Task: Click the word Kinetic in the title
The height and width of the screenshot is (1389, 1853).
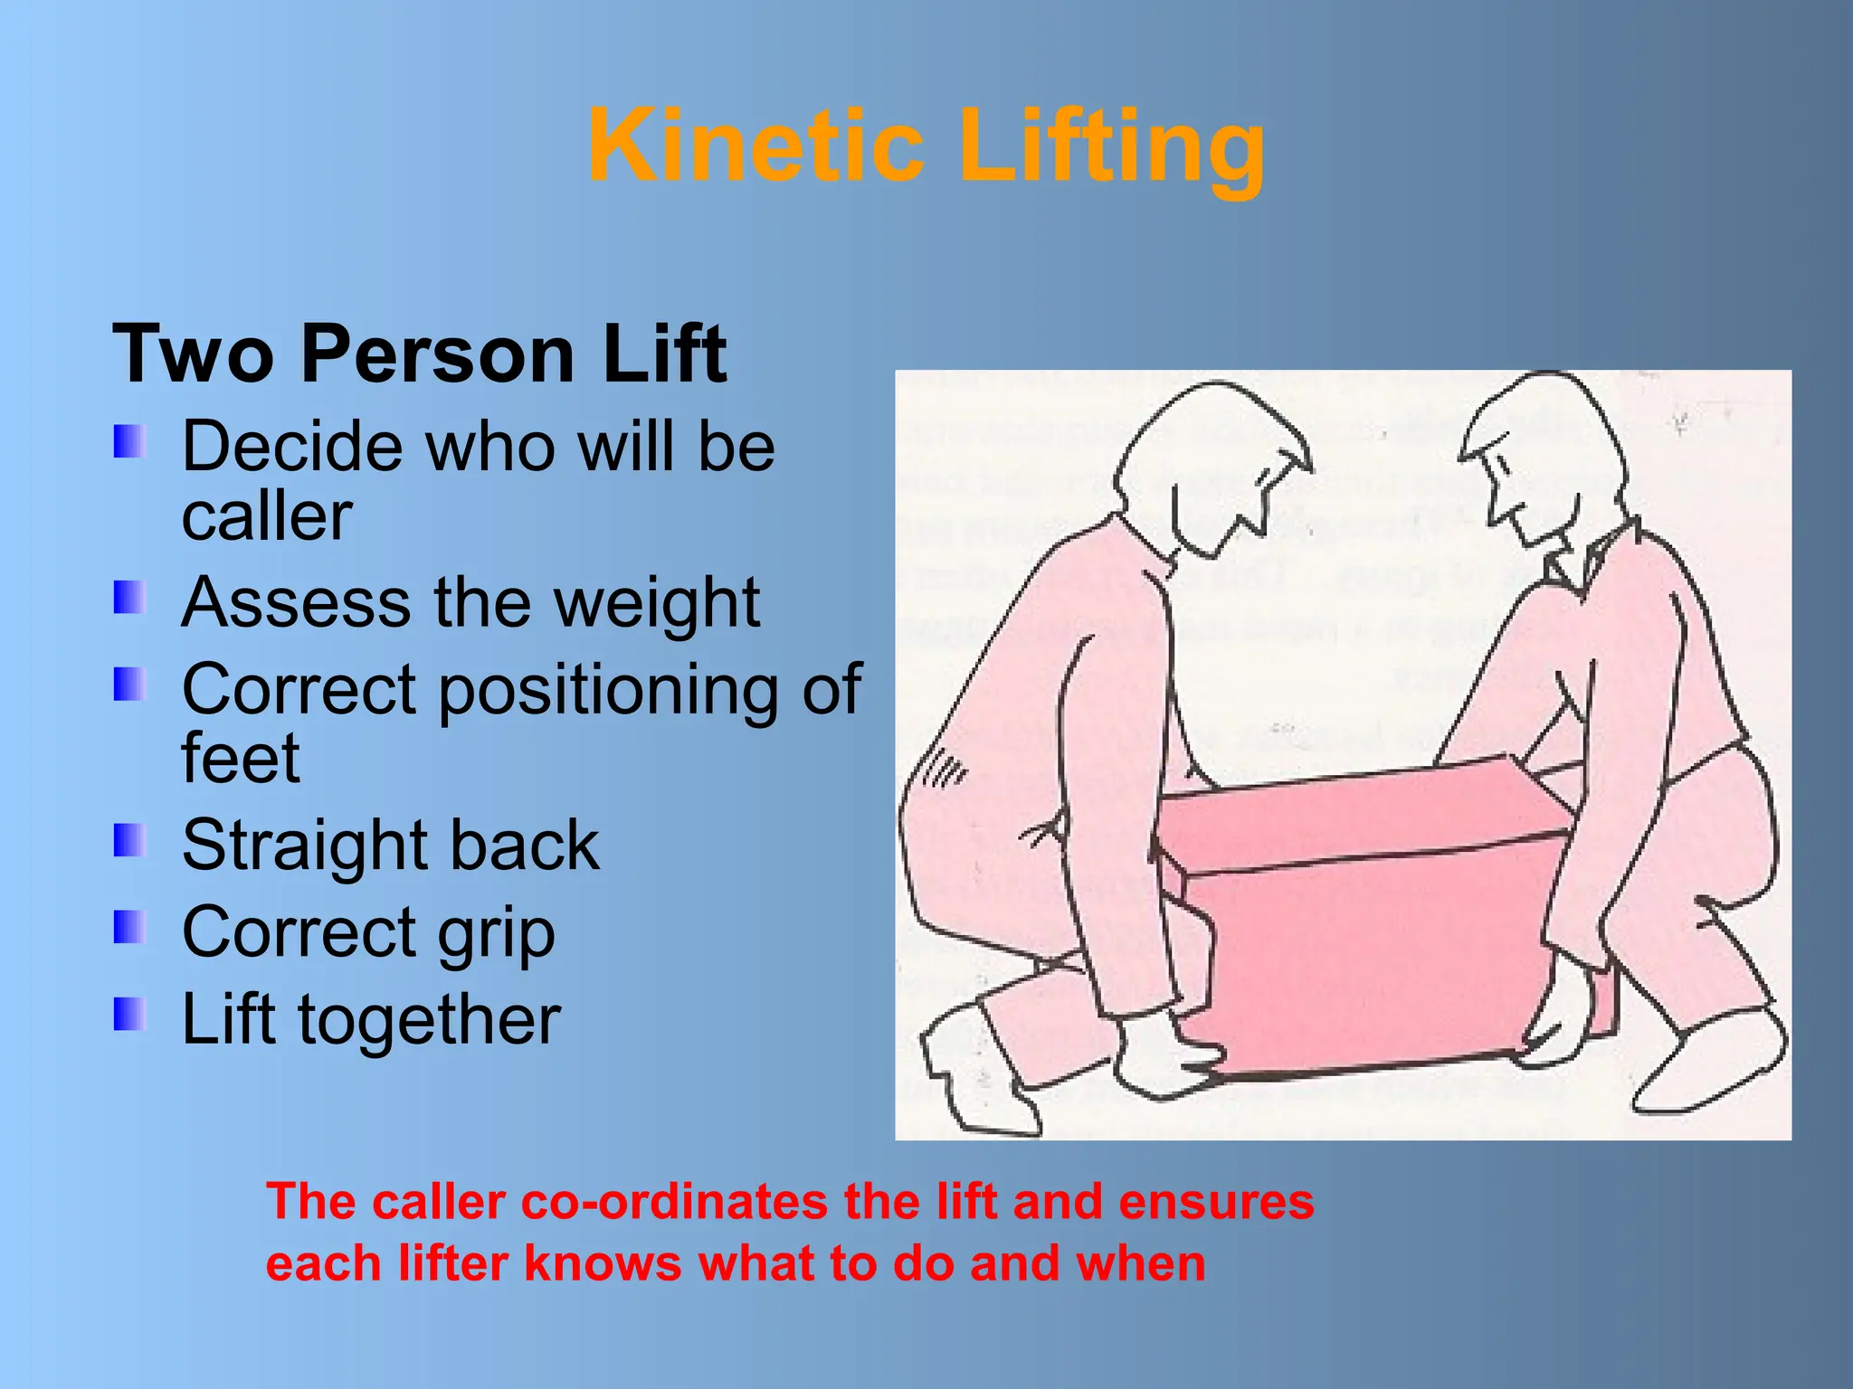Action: point(755,146)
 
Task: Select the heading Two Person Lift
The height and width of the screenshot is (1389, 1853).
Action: point(419,354)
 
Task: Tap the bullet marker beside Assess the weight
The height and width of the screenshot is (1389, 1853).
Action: point(129,598)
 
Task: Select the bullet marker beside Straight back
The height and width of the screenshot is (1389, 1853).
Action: point(129,840)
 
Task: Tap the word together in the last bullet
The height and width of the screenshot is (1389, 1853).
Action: point(430,1019)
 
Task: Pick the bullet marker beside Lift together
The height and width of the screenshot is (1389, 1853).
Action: point(129,1015)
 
